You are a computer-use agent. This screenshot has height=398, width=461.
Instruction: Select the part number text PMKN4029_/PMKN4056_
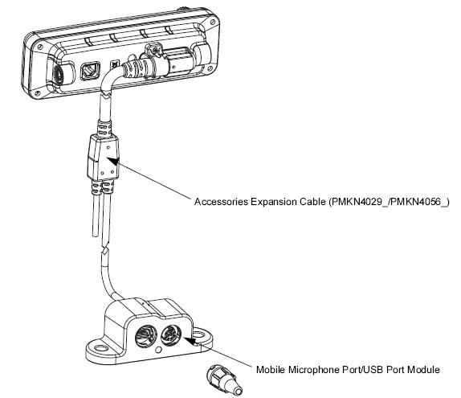coord(389,202)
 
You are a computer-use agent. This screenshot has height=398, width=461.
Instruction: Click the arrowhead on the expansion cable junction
coord(113,161)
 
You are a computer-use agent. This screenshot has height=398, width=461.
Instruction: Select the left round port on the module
coord(146,336)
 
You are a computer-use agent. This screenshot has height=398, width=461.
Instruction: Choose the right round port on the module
coord(171,334)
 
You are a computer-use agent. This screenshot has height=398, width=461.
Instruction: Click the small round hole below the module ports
coord(159,350)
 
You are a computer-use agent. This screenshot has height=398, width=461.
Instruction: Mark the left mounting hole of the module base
coord(100,348)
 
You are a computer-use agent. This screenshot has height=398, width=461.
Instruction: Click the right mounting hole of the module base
coord(198,334)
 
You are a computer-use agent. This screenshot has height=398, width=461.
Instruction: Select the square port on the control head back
coord(90,71)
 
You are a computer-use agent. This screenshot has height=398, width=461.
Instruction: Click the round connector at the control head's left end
coord(57,74)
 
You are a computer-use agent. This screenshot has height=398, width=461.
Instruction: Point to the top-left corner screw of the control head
coord(40,47)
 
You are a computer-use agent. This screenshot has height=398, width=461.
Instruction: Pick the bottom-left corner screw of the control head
coord(37,93)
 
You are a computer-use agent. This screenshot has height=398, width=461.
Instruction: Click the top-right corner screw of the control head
coord(212,22)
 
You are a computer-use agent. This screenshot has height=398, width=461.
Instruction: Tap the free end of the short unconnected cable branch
coord(96,235)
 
